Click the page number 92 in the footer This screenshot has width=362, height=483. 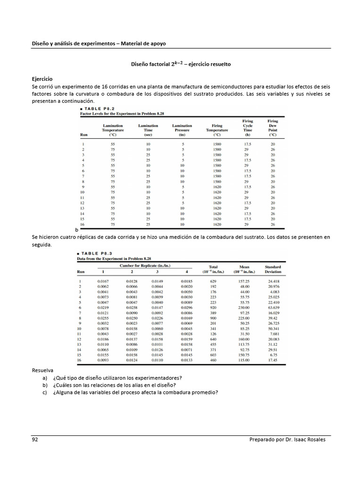click(35, 439)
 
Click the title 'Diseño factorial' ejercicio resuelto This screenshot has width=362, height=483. click(181, 64)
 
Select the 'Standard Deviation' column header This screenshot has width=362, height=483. click(273, 269)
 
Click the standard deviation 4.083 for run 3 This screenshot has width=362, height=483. click(274, 291)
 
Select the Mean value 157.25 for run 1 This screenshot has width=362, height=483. click(244, 281)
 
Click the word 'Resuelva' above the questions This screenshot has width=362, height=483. click(43, 371)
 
